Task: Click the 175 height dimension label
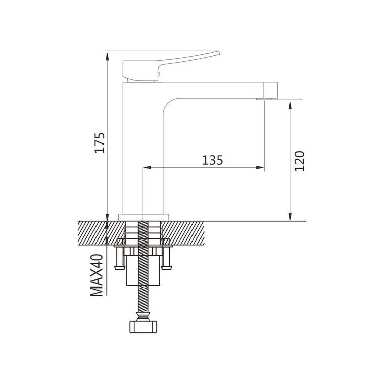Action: pos(100,143)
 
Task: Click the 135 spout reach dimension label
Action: pos(212,160)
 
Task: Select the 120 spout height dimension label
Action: pos(299,161)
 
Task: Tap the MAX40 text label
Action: pos(97,275)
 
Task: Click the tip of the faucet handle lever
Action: pos(219,52)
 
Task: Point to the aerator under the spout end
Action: pos(264,99)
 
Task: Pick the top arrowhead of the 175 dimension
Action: pos(107,56)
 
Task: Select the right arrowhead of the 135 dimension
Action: pos(260,168)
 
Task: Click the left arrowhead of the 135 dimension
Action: pos(147,168)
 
